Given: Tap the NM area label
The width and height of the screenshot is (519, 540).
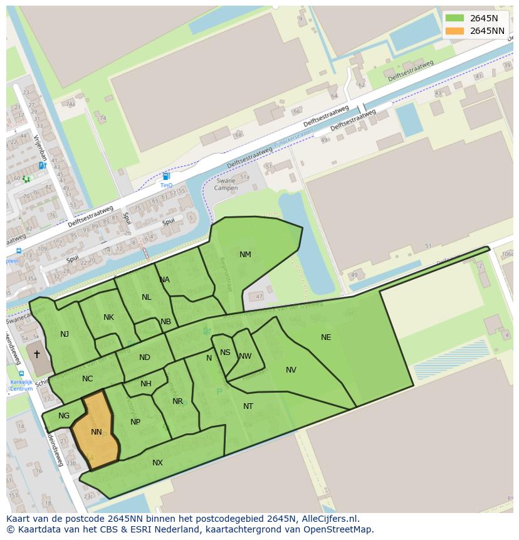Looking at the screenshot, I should click(245, 255).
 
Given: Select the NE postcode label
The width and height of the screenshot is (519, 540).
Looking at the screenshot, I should click(326, 337).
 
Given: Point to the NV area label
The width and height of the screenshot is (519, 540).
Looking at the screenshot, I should click(291, 370).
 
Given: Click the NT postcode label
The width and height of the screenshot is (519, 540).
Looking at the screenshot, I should click(248, 406).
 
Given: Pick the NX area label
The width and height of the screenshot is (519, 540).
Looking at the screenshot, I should click(157, 463).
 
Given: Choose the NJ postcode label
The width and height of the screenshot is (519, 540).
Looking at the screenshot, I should click(65, 334).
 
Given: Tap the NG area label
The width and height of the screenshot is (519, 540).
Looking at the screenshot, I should click(64, 416).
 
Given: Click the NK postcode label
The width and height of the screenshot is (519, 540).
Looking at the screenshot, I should click(108, 317).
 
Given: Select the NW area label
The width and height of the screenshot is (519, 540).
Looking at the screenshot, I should click(245, 356).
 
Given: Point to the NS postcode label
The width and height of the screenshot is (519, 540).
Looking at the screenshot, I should click(225, 352).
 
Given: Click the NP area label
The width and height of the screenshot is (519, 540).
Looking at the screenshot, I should click(135, 422).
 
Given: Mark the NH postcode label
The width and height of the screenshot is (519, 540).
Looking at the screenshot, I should click(146, 384).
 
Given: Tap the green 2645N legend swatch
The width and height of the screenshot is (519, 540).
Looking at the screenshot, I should click(454, 18).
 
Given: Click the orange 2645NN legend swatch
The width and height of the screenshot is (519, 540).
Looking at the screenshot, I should click(454, 31).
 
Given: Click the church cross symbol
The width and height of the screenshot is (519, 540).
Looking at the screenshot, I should click(37, 354).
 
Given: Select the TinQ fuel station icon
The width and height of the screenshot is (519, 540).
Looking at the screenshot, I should click(166, 177).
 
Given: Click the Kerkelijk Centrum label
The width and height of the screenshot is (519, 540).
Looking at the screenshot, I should click(21, 385).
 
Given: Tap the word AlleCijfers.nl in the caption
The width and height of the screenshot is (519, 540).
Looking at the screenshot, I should click(328, 519).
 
